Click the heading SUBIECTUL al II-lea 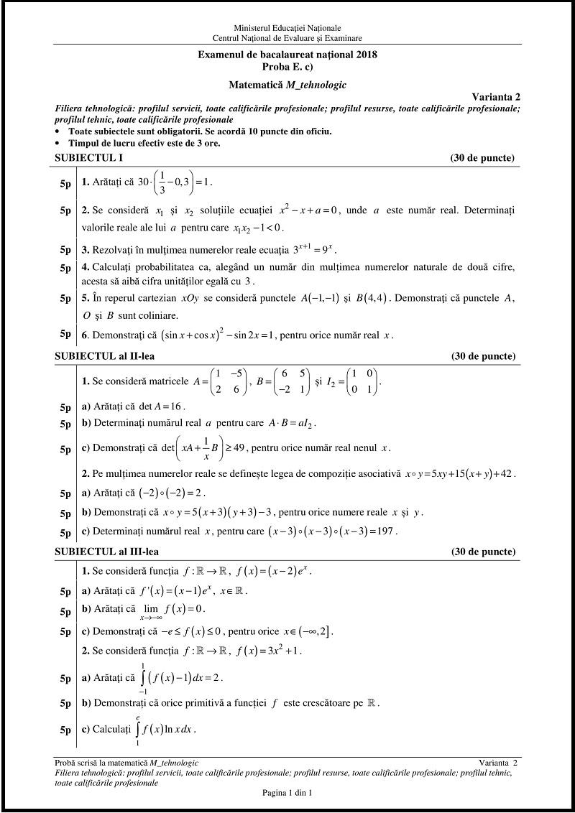tap(105, 356)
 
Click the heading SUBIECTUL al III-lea tap(107, 552)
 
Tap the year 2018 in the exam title tap(364, 54)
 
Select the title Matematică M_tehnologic tap(287, 84)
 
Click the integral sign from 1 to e tap(137, 728)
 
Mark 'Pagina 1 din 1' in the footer tap(287, 793)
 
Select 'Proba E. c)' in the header tap(287, 65)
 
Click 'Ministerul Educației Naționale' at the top tap(287, 27)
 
